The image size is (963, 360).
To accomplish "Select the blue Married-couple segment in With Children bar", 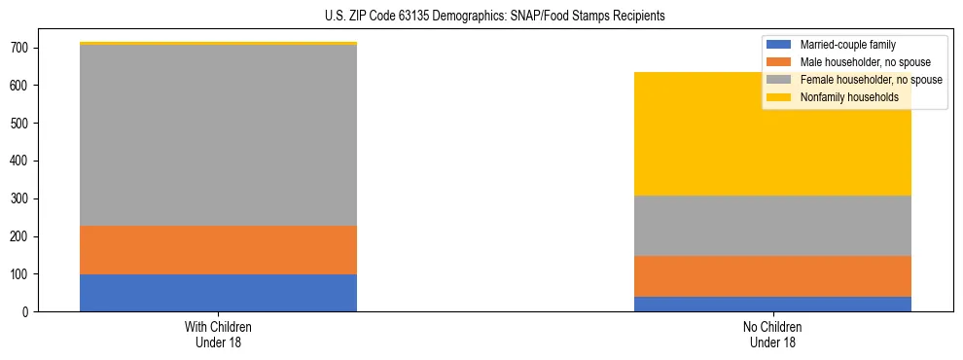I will [x=218, y=293].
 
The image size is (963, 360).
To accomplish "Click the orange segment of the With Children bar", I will [x=218, y=250].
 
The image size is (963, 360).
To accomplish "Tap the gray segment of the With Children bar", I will [x=218, y=135].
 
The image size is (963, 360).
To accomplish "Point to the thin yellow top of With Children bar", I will [x=218, y=44].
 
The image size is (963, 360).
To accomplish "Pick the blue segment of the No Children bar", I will [x=772, y=304].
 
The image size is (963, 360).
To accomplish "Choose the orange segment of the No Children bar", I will [x=772, y=276].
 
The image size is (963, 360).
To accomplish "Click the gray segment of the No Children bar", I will [x=772, y=226].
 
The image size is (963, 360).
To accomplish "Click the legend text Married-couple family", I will [x=847, y=45].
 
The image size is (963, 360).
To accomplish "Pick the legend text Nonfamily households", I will [x=843, y=97].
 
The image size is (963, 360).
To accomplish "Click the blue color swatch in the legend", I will [x=779, y=45].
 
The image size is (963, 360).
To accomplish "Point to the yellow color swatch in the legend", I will [x=779, y=97].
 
